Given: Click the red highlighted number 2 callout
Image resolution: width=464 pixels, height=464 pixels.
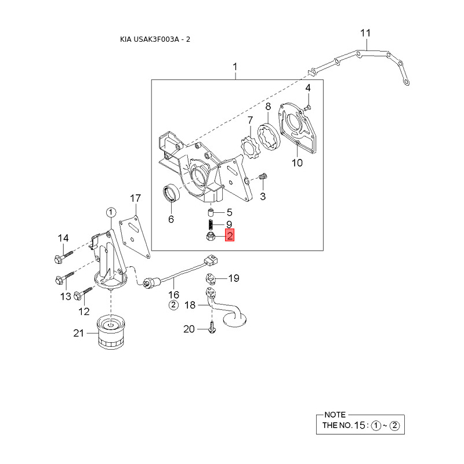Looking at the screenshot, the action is point(230,235).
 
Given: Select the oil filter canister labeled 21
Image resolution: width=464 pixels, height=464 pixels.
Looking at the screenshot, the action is point(111,332).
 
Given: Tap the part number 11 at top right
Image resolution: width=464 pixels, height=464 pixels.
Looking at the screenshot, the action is point(365,33).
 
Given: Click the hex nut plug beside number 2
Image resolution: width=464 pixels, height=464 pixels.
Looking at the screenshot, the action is point(211,236).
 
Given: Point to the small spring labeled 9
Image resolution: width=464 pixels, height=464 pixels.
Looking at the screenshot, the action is point(211,225).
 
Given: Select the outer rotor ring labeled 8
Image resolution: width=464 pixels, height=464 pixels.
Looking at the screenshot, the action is point(268,138).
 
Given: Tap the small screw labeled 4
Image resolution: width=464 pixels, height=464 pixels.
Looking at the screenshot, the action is point(307,107).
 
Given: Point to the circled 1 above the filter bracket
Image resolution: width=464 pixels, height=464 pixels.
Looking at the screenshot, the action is point(111,212).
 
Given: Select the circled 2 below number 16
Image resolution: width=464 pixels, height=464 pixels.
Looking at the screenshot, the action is point(173,305).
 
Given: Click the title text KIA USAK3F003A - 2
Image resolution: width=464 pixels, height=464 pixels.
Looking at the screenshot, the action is point(155,39).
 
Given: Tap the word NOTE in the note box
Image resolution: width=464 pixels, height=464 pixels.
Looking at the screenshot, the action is point(335,415).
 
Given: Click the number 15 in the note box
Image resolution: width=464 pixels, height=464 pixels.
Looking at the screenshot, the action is point(360,425).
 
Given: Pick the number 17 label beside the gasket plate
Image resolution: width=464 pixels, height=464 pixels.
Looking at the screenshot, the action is point(136,198).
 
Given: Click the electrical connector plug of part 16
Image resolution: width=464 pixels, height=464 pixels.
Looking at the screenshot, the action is point(211,260).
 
